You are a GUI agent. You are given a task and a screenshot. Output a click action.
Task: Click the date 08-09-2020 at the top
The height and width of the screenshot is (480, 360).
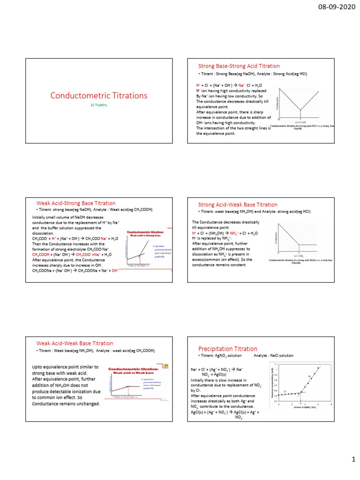[x=336, y=8]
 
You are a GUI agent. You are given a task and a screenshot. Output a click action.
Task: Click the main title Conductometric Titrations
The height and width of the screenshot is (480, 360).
[x=98, y=96]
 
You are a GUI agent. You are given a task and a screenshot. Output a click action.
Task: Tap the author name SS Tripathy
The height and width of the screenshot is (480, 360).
[x=98, y=105]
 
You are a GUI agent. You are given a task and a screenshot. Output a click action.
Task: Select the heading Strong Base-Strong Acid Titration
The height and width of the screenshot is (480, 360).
[x=239, y=66]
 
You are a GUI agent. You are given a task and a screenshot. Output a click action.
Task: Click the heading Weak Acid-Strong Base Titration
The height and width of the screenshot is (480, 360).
[x=76, y=203]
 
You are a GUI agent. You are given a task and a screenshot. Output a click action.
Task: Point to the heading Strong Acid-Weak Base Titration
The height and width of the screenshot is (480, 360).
[x=238, y=204]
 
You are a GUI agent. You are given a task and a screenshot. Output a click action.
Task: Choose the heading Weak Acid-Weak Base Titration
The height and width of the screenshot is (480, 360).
[x=75, y=343]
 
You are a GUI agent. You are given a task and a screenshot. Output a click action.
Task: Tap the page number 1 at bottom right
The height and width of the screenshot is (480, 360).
[x=353, y=462]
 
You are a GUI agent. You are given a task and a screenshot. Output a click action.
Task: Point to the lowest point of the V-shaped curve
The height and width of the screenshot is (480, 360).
[x=300, y=110]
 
